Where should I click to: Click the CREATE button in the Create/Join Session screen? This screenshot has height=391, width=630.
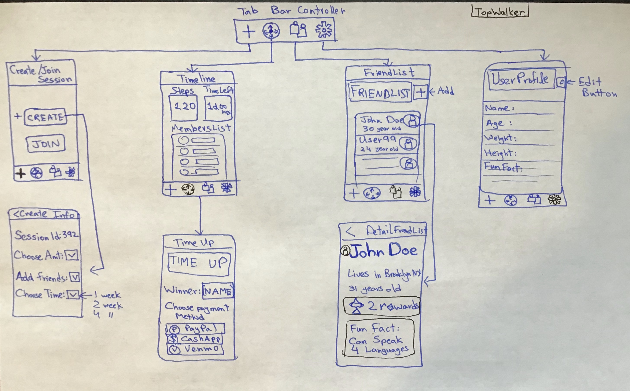point(45,117)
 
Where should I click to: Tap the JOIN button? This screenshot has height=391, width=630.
point(46,144)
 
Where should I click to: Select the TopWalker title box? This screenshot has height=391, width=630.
point(500,12)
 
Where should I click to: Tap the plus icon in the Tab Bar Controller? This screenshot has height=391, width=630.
point(249,32)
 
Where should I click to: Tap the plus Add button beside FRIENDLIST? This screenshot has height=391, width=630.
point(421,92)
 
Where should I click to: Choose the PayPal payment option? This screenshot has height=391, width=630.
point(195,329)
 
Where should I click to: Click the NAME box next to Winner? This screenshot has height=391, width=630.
point(218,291)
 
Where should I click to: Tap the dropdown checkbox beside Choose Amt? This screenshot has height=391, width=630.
point(72,256)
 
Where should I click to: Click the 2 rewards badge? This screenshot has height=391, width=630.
point(381,306)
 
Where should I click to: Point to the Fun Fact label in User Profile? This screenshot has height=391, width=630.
point(503,167)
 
